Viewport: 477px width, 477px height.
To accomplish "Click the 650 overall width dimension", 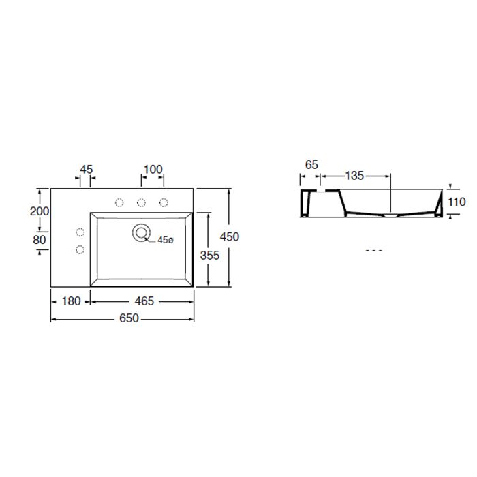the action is click(129, 318).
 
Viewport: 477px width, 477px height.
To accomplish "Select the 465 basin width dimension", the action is click(144, 301).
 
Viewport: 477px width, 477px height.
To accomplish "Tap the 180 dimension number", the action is click(71, 301).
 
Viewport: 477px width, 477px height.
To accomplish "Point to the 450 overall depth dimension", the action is click(230, 236).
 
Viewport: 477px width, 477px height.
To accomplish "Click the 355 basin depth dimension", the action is click(210, 256).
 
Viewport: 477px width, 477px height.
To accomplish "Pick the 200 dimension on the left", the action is click(40, 211).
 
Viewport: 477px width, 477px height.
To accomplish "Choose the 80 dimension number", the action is click(40, 240).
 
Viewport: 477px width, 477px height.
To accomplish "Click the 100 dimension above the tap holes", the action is click(153, 170).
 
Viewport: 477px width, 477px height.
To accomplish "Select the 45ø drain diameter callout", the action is click(165, 240).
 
